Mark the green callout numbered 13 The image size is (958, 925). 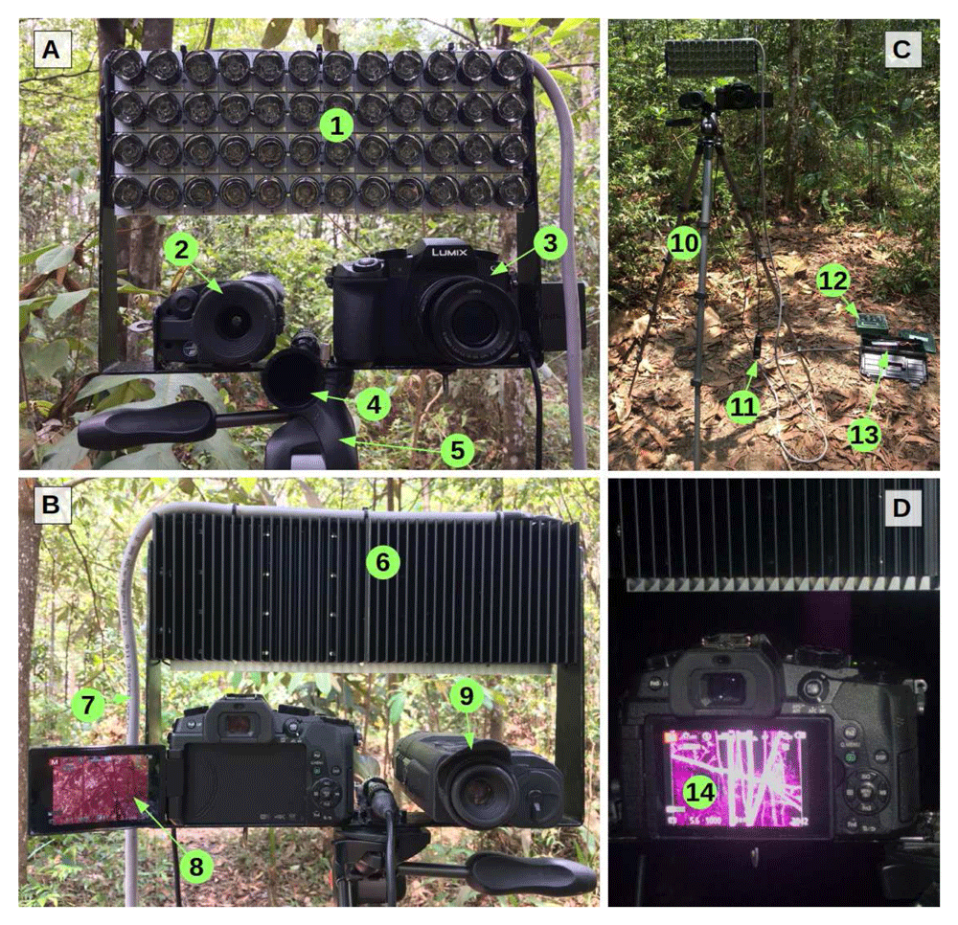(864, 436)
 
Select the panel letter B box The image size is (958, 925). (51, 503)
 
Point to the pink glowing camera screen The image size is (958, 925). (736, 778)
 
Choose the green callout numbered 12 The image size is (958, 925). (833, 280)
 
